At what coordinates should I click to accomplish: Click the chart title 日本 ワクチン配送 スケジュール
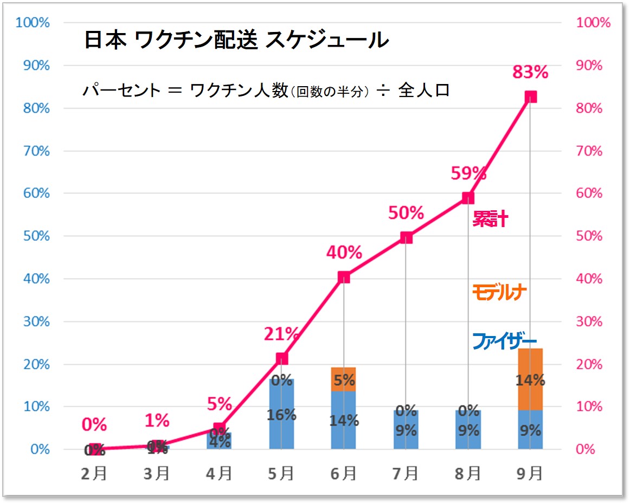(x=236, y=40)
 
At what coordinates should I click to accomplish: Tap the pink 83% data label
(x=530, y=72)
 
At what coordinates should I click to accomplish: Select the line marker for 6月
(x=344, y=277)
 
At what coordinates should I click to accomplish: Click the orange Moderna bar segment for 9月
(x=530, y=379)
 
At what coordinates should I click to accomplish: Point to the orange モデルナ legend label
(x=499, y=293)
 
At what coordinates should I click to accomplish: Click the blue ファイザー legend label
(x=504, y=341)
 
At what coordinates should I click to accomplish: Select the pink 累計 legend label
(x=490, y=219)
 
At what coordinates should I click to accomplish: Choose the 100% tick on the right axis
(x=594, y=23)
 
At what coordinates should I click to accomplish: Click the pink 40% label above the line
(x=344, y=253)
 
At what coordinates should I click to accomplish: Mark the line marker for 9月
(x=530, y=97)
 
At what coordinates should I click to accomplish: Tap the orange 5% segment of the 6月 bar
(x=344, y=379)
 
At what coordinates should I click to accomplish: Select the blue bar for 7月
(x=406, y=430)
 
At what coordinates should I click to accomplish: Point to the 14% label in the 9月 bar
(x=530, y=380)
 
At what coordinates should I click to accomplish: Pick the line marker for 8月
(x=468, y=198)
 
